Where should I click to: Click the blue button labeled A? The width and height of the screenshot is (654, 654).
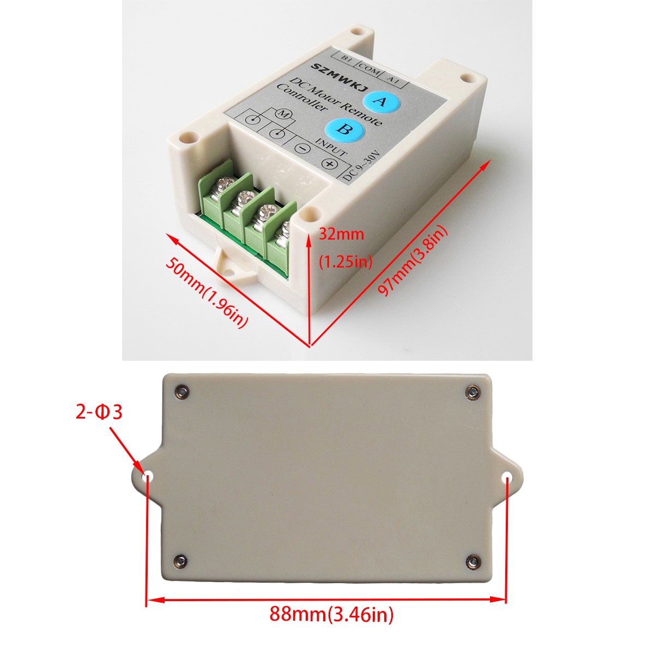coord(381,101)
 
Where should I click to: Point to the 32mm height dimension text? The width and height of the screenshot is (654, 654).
coord(341,234)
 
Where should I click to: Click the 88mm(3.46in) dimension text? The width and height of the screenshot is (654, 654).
coord(331,614)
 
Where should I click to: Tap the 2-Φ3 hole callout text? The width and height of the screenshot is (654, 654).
coord(99,412)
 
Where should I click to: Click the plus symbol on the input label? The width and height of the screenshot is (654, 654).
coord(329,163)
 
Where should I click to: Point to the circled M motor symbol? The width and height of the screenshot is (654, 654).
coord(283,114)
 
